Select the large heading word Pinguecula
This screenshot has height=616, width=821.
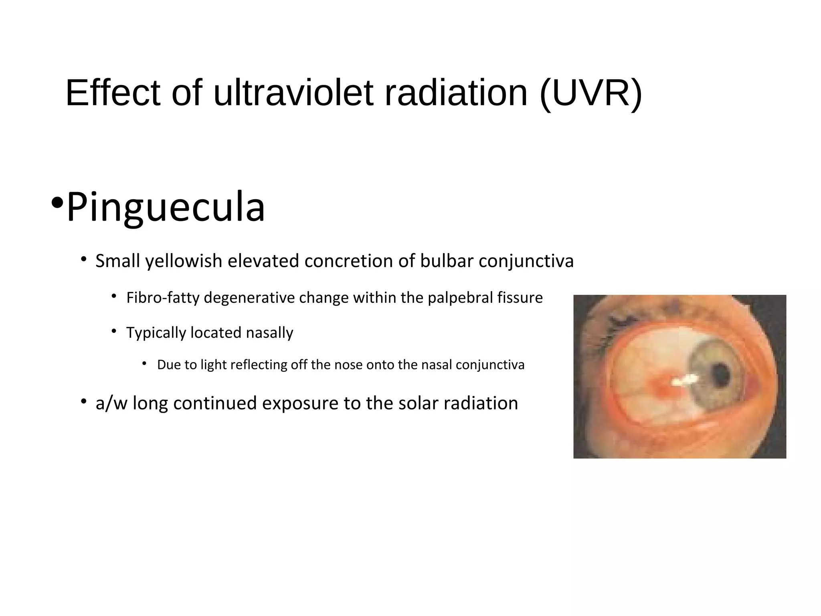166,207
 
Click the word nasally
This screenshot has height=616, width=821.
269,333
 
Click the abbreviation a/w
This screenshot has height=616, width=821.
111,403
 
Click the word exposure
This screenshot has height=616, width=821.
300,403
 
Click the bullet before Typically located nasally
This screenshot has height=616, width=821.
114,331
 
